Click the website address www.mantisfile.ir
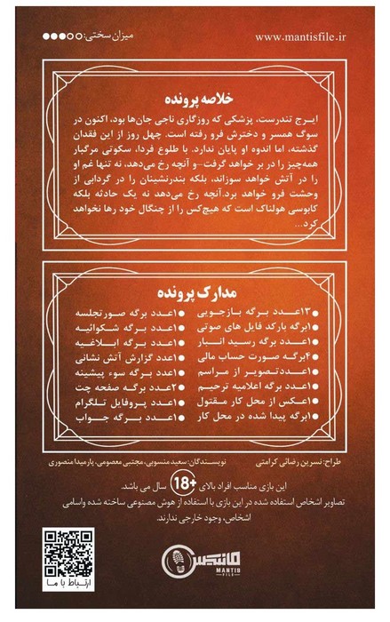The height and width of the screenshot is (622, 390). pos(303,37)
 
